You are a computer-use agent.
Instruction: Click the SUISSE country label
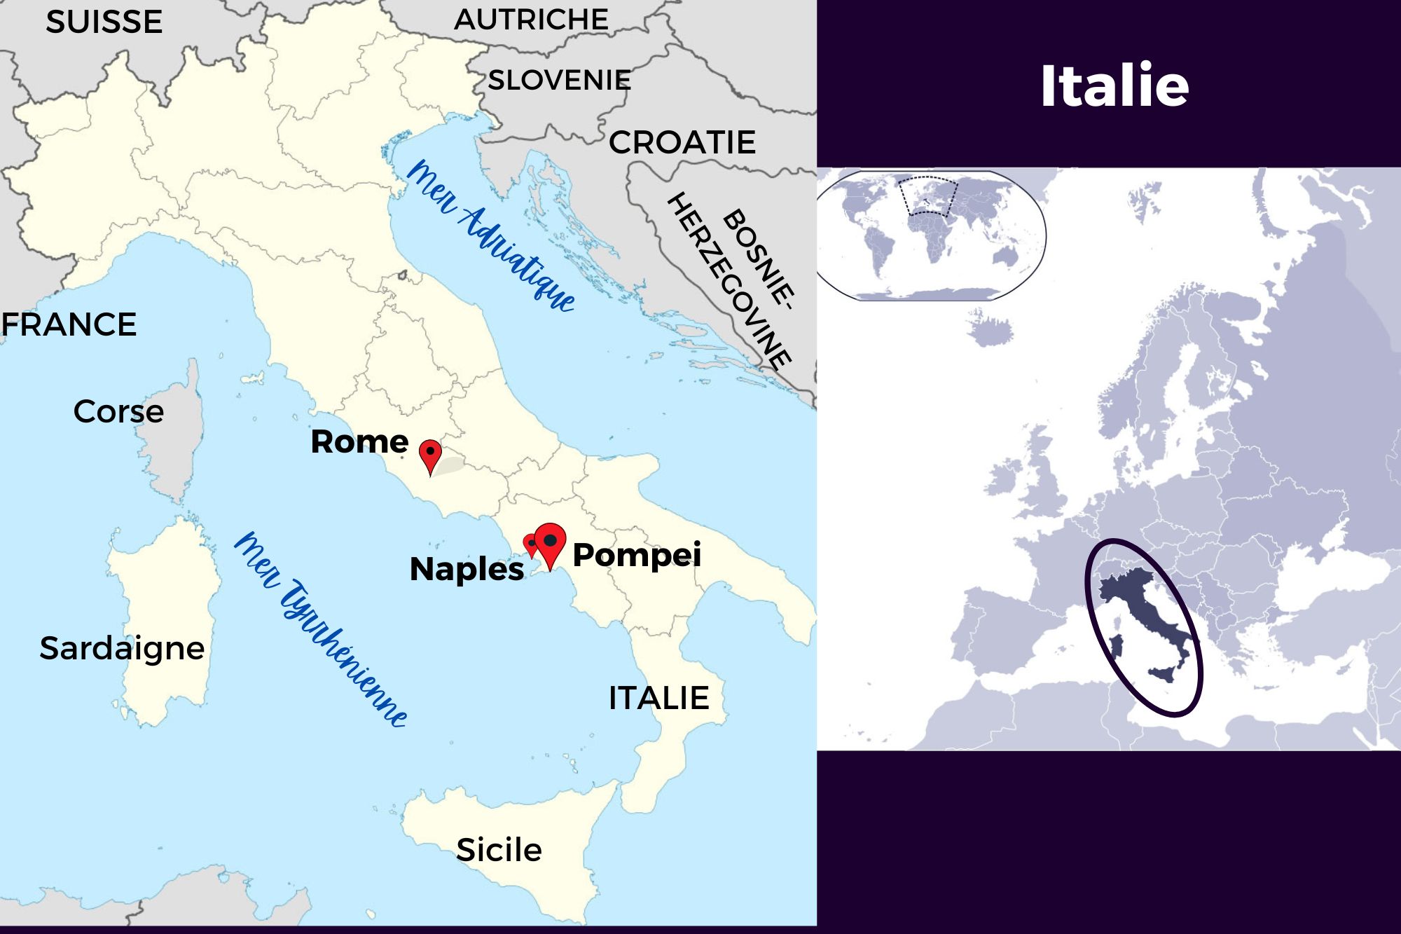pos(104,22)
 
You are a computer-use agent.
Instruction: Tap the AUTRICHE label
pos(531,20)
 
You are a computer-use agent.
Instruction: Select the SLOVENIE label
pos(559,81)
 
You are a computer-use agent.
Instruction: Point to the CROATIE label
pos(682,143)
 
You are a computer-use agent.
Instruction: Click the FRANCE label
pos(69,325)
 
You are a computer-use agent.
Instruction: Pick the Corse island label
pos(118,411)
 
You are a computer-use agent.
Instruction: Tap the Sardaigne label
pos(122,648)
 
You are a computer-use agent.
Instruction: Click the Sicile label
pos(499,850)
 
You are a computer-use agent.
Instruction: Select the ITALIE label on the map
pos(658,698)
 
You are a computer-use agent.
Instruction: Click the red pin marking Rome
pos(430,455)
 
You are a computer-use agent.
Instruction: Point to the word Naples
pos(467,569)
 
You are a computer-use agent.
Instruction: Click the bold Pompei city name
pos(637,555)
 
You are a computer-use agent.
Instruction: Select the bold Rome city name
pos(359,442)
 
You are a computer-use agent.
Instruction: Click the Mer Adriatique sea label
pos(490,235)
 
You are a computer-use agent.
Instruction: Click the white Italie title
pos(1114,85)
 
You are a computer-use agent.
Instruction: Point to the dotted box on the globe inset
pos(927,195)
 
